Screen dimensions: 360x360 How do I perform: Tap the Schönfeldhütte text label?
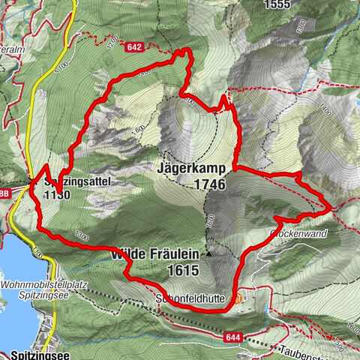(x=190, y=298)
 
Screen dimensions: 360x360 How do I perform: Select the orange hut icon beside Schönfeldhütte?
(x=238, y=298)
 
